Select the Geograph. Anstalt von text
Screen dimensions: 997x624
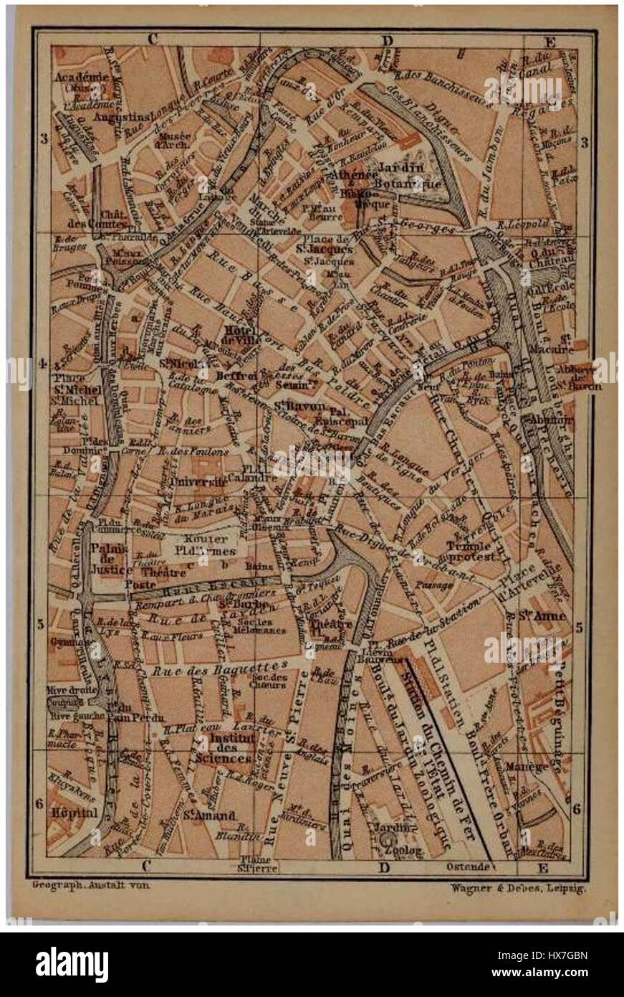point(91,885)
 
